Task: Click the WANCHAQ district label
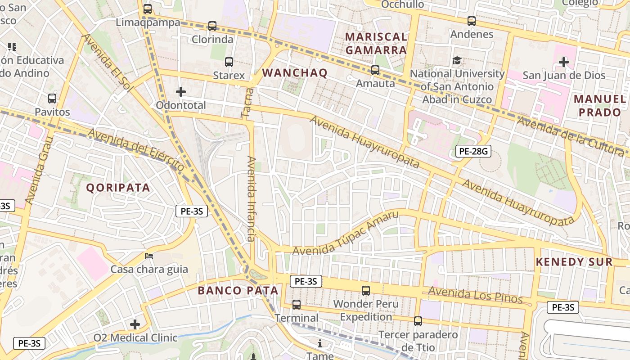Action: pos(295,73)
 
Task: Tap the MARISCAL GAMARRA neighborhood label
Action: pos(376,43)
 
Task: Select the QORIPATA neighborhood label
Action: pos(118,188)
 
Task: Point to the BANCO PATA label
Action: pos(238,291)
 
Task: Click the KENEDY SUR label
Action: pos(574,262)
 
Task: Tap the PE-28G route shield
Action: pos(473,151)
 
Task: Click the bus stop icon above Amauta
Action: pos(375,70)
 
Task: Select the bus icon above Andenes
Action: pos(472,21)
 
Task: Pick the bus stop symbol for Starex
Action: pos(229,62)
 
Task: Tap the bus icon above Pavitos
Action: pos(52,99)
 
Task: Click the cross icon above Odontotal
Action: pos(181,92)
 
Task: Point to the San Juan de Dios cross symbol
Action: pos(564,62)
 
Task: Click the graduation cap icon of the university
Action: pos(457,60)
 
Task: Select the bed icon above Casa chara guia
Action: pos(149,256)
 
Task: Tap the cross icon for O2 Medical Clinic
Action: pos(135,324)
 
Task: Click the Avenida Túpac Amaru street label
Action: pos(346,233)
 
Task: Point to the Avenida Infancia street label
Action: pos(251,198)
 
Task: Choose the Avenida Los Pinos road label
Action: pos(475,295)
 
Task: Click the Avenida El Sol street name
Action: pos(107,63)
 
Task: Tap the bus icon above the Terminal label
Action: pos(297,305)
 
